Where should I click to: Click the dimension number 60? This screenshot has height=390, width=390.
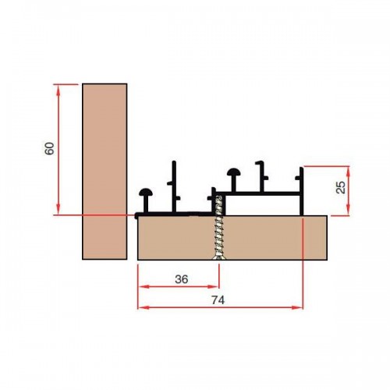coord(50,149)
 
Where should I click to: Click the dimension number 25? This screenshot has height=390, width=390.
coord(341,187)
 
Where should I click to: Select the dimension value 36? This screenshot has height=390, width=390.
coord(182,279)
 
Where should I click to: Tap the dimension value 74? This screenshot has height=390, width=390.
coord(218,300)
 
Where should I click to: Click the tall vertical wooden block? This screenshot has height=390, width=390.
coord(105,172)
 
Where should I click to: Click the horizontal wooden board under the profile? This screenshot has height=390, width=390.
coord(232,238)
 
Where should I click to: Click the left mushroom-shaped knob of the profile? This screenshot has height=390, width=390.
coord(146,193)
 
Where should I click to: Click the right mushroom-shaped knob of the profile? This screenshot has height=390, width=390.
coord(234,172)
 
